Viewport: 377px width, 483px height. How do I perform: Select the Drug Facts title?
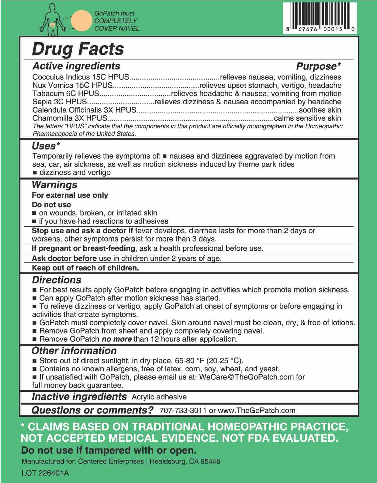(78, 49)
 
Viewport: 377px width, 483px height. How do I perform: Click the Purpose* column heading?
(318, 66)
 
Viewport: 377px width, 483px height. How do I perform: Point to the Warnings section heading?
(54, 184)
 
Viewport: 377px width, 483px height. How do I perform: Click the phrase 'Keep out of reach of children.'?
(85, 268)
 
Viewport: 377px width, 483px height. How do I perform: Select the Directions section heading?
(57, 280)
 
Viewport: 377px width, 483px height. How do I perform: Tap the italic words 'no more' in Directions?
(116, 339)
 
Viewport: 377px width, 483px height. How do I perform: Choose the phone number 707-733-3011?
(183, 410)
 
